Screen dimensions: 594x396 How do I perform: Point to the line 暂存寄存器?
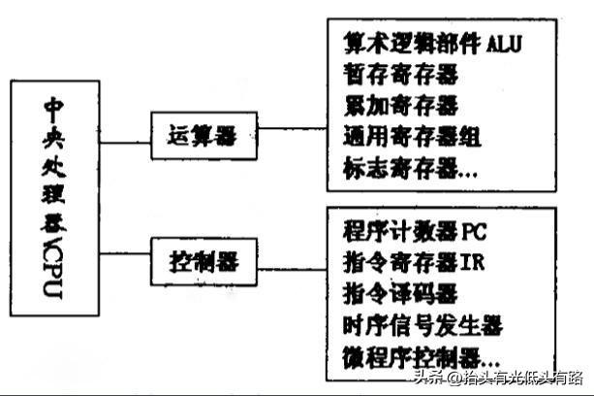click(x=400, y=74)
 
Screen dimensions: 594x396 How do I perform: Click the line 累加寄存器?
click(x=400, y=104)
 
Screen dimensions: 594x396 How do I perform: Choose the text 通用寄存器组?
click(x=412, y=135)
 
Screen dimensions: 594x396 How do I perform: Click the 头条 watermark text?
click(x=426, y=379)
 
